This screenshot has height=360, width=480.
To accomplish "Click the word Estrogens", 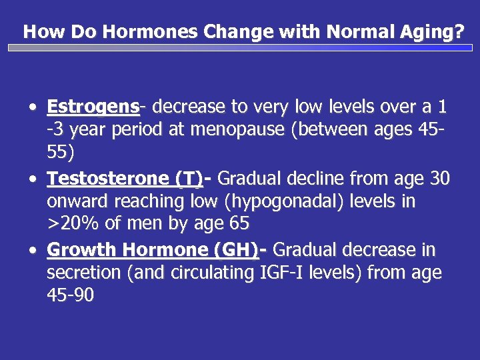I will pyautogui.click(x=93, y=107).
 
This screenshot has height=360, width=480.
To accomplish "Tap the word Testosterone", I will pyautogui.click(x=109, y=179).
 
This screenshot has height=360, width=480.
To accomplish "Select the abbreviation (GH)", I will pyautogui.click(x=237, y=250).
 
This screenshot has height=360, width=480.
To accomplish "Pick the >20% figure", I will pyautogui.click(x=71, y=223).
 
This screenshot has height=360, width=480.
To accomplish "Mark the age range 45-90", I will pyautogui.click(x=71, y=295).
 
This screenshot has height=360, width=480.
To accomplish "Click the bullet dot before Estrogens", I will pyautogui.click(x=33, y=107).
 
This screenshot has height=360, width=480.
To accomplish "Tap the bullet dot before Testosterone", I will pyautogui.click(x=33, y=179).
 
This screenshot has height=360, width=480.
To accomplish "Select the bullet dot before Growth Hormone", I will pyautogui.click(x=33, y=251).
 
